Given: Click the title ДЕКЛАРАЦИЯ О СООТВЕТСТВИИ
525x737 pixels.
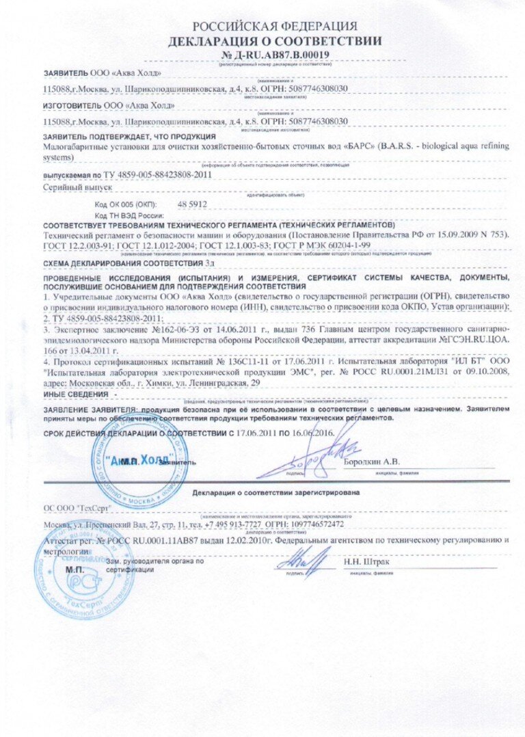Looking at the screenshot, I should [x=275, y=41].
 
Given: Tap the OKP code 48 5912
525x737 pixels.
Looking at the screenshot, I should [x=192, y=204].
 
